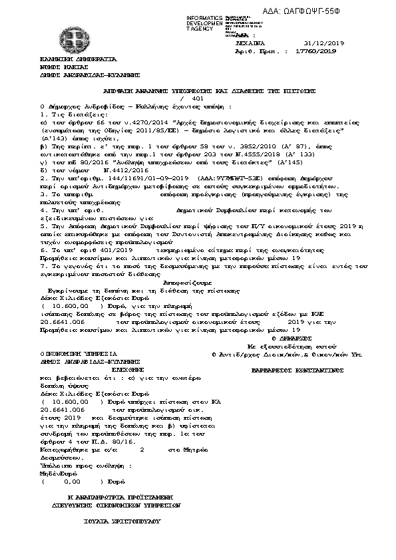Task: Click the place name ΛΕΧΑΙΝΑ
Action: click(254, 41)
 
